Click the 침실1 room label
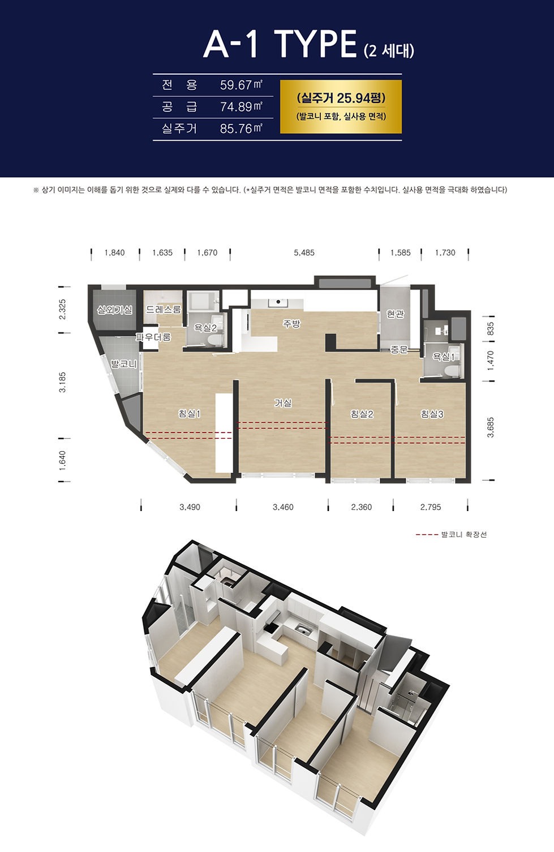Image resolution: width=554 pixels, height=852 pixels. click(x=189, y=414)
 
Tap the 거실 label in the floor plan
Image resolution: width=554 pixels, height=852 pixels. click(x=283, y=403)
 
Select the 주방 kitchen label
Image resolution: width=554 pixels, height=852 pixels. click(x=291, y=324)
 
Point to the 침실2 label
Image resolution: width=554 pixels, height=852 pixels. click(x=362, y=414)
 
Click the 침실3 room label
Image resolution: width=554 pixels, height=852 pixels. click(x=432, y=414)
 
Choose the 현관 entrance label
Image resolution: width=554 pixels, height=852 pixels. click(x=395, y=314)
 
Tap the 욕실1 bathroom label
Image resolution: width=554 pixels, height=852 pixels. click(x=444, y=357)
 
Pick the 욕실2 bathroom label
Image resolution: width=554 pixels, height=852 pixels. click(x=205, y=327)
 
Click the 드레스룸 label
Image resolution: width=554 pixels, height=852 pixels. click(x=164, y=310)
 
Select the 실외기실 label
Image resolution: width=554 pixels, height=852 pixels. click(x=115, y=310)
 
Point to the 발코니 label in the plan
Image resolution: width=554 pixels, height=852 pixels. click(x=124, y=365)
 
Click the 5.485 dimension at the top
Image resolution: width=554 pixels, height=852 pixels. click(x=304, y=253)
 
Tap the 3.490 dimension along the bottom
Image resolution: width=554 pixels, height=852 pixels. click(x=190, y=507)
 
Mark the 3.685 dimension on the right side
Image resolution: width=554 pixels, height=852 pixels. click(x=491, y=427)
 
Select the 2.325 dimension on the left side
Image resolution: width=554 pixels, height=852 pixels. click(x=63, y=309)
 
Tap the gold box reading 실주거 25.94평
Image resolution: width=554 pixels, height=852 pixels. click(x=341, y=106)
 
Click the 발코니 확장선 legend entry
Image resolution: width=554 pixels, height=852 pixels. click(x=451, y=535)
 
